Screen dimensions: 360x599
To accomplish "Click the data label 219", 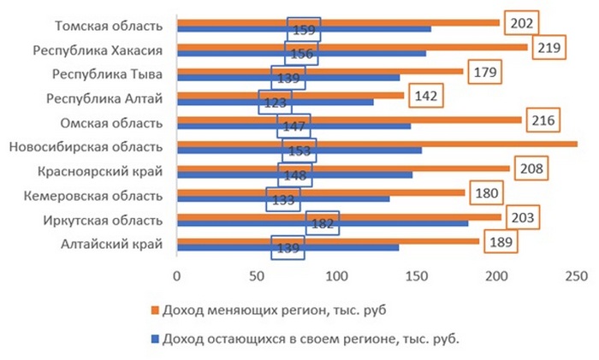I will (545, 47).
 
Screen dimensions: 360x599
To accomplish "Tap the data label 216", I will (542, 120).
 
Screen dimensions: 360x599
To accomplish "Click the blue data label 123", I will (275, 103).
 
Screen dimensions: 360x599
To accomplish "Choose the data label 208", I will (531, 168).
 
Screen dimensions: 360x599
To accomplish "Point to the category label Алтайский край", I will (118, 246).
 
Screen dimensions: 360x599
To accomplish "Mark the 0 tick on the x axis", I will (176, 275).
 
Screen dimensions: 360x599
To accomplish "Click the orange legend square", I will (155, 309).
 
